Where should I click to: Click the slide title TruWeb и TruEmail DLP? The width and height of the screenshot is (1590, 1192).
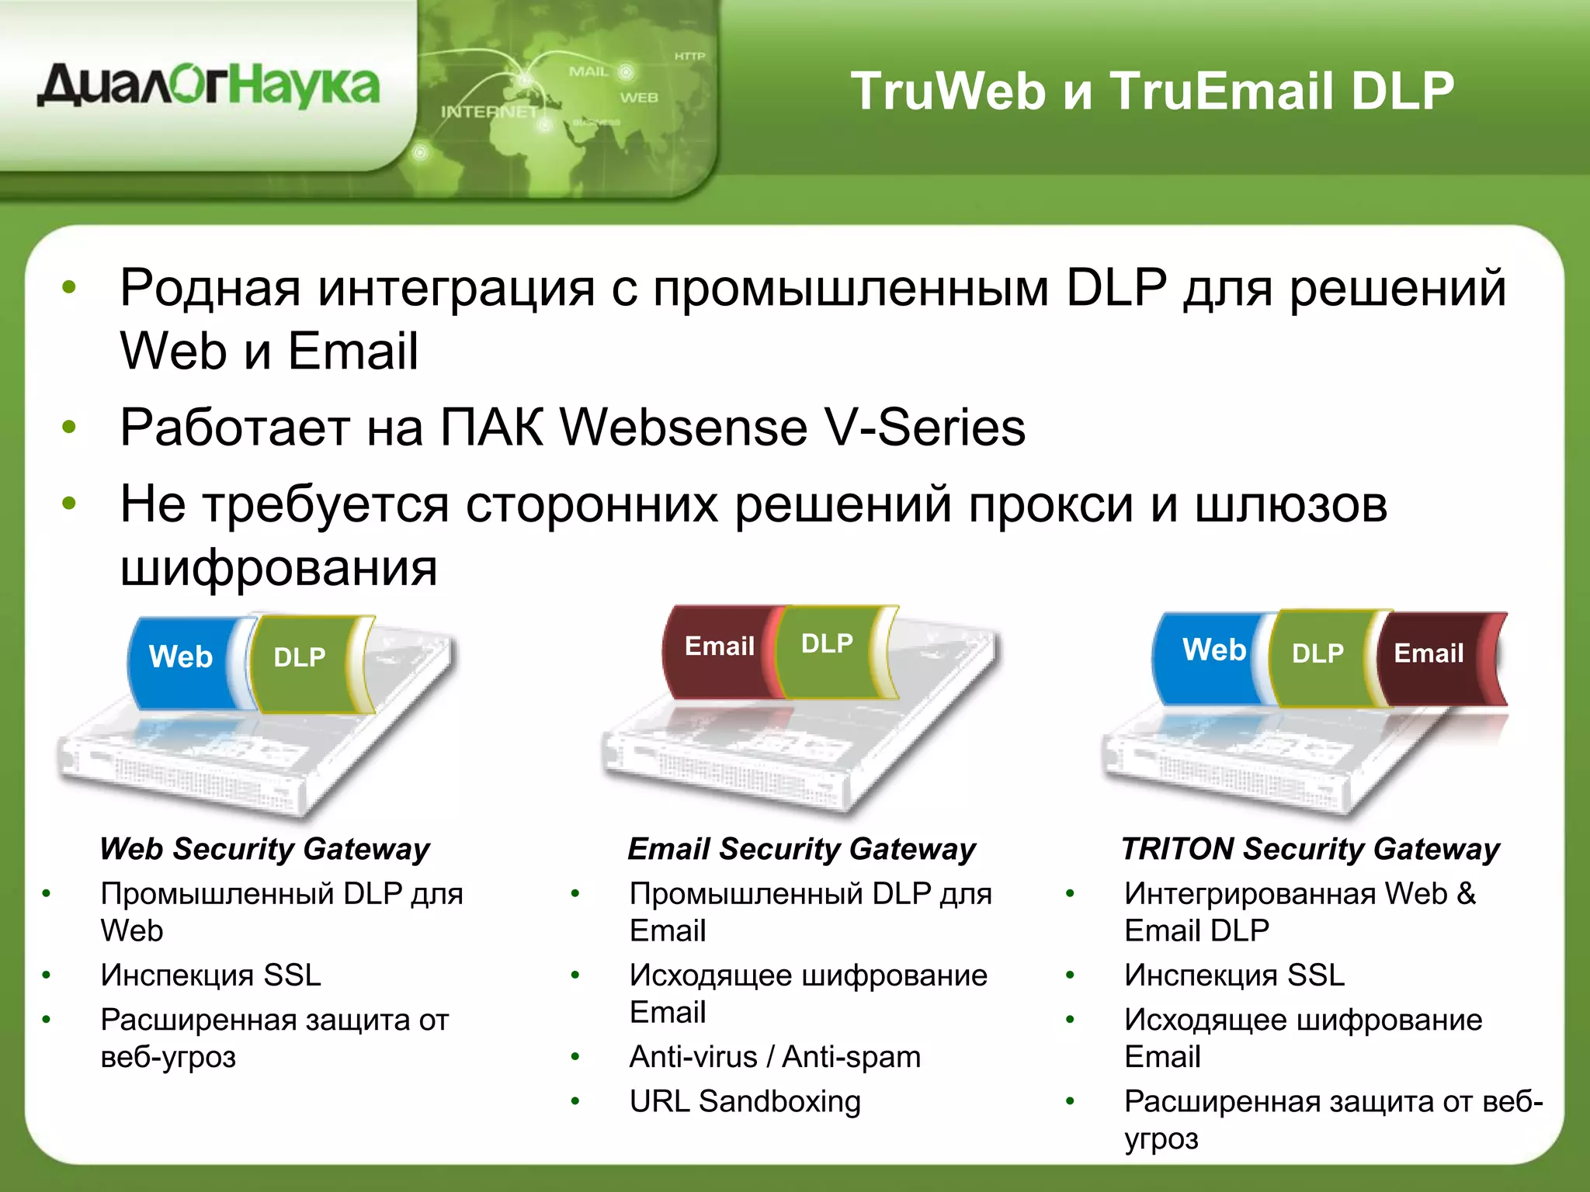click(1152, 91)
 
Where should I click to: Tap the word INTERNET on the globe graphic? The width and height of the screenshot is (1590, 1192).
click(489, 112)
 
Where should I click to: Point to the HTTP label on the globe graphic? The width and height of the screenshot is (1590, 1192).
click(689, 56)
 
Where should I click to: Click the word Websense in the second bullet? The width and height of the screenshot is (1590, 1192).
click(683, 428)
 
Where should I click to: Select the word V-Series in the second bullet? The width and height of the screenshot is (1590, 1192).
click(925, 428)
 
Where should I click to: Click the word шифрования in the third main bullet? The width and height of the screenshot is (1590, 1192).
click(279, 567)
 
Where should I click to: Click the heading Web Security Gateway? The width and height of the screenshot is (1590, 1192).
click(265, 849)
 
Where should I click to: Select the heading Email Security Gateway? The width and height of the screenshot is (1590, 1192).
click(801, 849)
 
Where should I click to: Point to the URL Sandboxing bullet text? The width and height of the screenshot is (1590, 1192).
click(745, 1101)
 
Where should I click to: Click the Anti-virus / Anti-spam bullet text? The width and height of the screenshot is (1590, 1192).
click(775, 1057)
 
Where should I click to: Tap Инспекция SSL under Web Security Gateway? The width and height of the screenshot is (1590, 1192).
click(210, 975)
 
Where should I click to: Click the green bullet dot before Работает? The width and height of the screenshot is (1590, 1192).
click(69, 427)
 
